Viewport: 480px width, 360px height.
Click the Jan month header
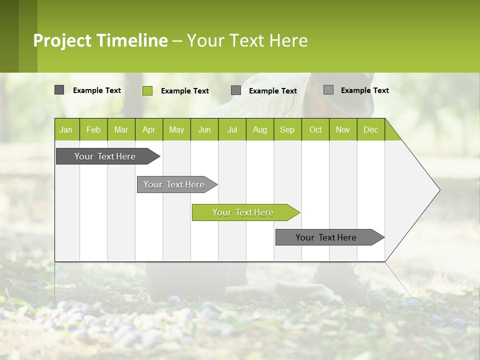tap(66, 129)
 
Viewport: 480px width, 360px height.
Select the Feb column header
tap(93, 129)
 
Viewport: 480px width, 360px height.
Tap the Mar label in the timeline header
tap(121, 129)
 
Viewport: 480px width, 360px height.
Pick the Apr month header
tap(148, 129)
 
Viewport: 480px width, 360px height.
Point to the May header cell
tap(176, 129)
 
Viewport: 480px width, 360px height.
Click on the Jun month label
tap(204, 129)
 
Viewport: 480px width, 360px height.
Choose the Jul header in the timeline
tap(232, 129)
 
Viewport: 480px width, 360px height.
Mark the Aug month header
tap(260, 129)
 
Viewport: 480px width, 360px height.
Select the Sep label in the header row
tap(287, 129)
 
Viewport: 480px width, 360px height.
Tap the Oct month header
tap(315, 129)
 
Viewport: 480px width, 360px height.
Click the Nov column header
tap(343, 129)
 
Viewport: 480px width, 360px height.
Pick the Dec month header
tap(370, 129)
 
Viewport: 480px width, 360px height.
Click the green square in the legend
tap(147, 90)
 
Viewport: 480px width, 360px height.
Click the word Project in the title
tap(62, 40)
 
